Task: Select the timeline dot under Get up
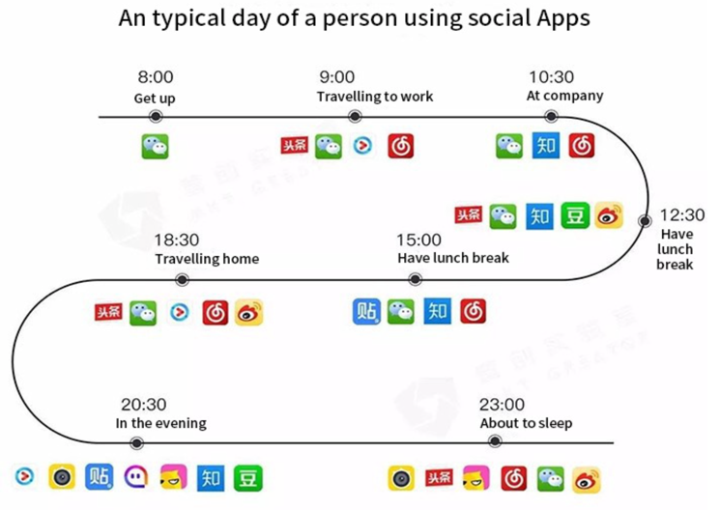pyautogui.click(x=155, y=117)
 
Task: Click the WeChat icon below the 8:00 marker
pyautogui.click(x=155, y=146)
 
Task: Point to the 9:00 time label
pyautogui.click(x=336, y=77)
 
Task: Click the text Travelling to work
pyautogui.click(x=375, y=97)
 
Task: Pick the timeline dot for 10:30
pyautogui.click(x=551, y=117)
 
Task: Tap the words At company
pyautogui.click(x=564, y=96)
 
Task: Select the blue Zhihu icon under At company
pyautogui.click(x=545, y=146)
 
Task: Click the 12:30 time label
pyautogui.click(x=682, y=215)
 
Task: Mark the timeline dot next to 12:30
pyautogui.click(x=645, y=221)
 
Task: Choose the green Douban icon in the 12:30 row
pyautogui.click(x=574, y=216)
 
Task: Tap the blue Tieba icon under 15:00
pyautogui.click(x=367, y=311)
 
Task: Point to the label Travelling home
pyautogui.click(x=207, y=259)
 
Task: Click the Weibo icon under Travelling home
pyautogui.click(x=249, y=312)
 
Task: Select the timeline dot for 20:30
pyautogui.click(x=137, y=443)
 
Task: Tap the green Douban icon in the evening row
pyautogui.click(x=248, y=477)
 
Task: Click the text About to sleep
pyautogui.click(x=526, y=423)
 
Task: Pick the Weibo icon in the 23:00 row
pyautogui.click(x=586, y=478)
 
